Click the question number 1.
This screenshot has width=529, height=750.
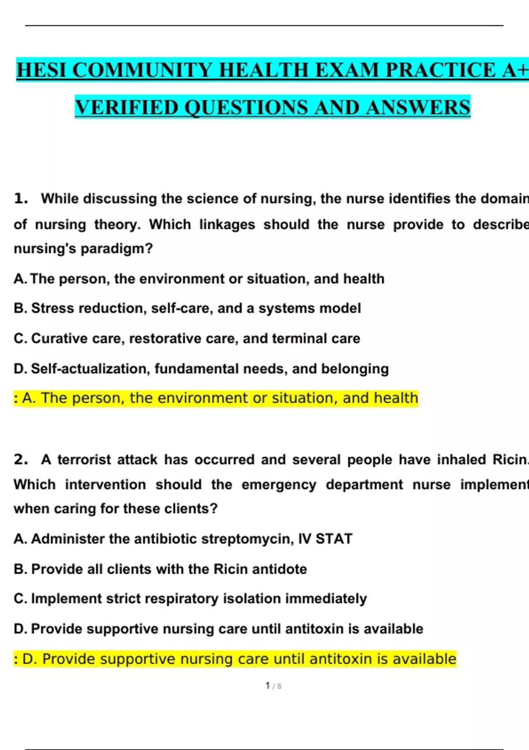pyautogui.click(x=21, y=199)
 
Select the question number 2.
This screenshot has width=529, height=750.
pyautogui.click(x=21, y=459)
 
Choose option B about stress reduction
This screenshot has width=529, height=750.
pyautogui.click(x=187, y=308)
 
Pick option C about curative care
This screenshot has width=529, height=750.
pyautogui.click(x=187, y=338)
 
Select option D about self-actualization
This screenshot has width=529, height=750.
pyautogui.click(x=201, y=368)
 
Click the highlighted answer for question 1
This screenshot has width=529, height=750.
pyautogui.click(x=216, y=398)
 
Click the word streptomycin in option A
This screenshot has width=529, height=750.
pyautogui.click(x=247, y=539)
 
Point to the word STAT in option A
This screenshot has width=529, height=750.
pyautogui.click(x=334, y=539)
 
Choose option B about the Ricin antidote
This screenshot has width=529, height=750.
pyautogui.click(x=160, y=569)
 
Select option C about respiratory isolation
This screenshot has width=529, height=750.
pyautogui.click(x=190, y=598)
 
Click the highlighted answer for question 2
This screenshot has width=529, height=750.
pyautogui.click(x=235, y=659)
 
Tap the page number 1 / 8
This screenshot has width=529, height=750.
pyautogui.click(x=273, y=686)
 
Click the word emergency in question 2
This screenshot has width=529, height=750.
pyautogui.click(x=279, y=484)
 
